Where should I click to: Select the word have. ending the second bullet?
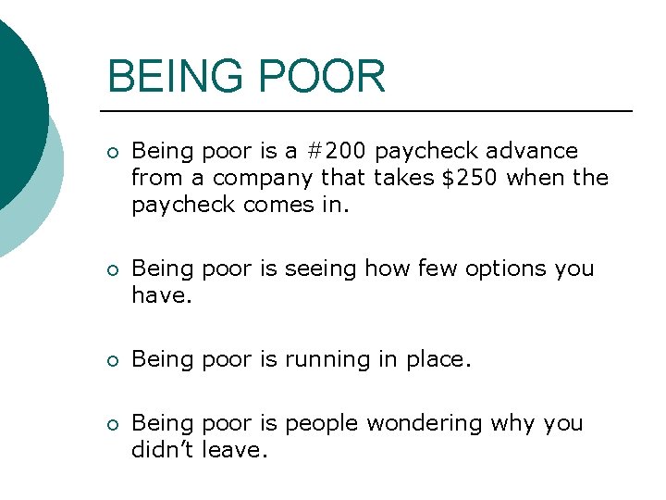click(161, 294)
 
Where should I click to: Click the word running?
click(327, 358)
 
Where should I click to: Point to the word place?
click(438, 359)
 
